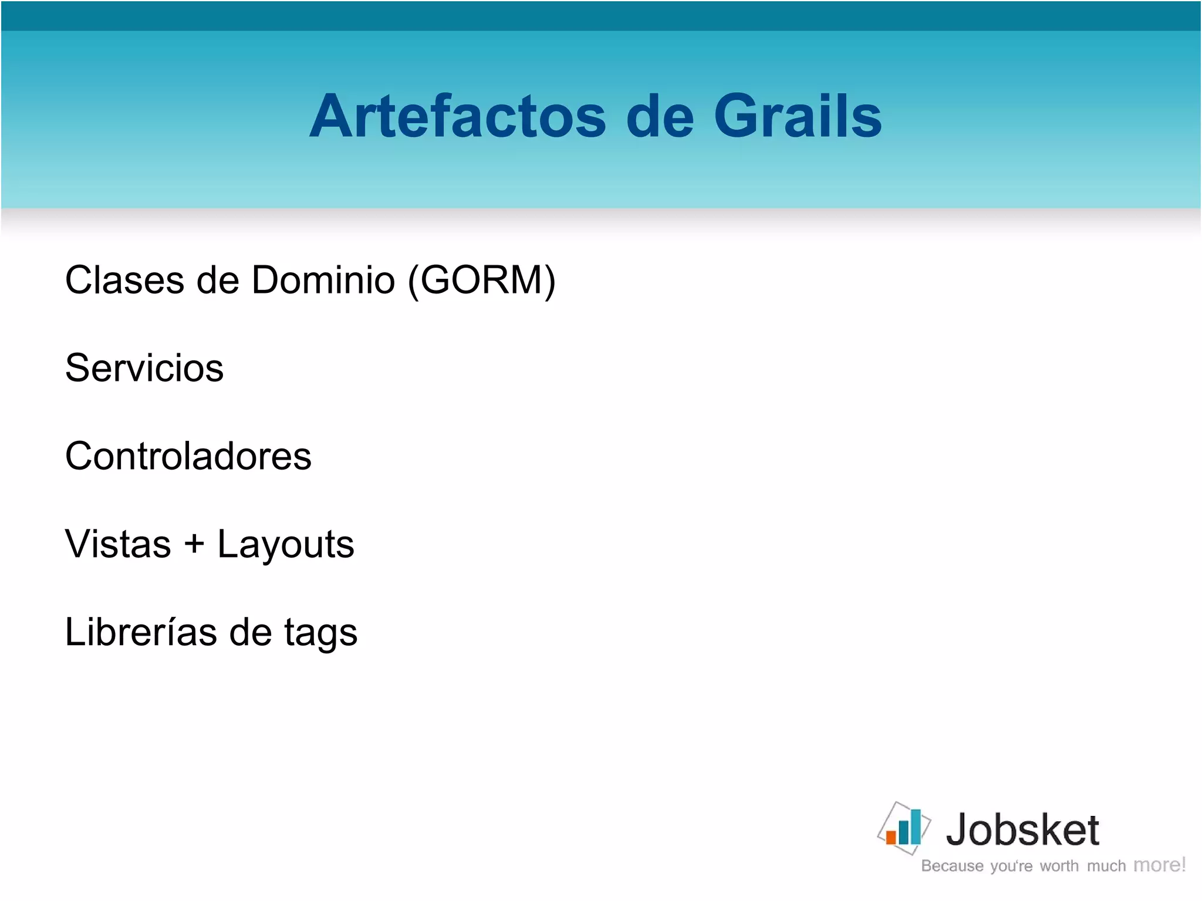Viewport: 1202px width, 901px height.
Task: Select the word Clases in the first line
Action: click(124, 280)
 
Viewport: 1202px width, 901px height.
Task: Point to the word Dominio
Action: click(323, 280)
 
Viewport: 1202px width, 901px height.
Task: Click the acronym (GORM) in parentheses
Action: click(481, 280)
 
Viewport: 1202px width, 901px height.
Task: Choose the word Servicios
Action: click(144, 368)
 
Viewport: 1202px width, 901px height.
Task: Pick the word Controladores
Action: click(188, 456)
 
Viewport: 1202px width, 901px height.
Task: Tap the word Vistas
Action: click(118, 544)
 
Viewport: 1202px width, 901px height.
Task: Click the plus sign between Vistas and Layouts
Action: click(194, 544)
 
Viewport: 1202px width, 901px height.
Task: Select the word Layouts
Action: click(286, 545)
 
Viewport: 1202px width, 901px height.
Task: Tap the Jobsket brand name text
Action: click(1022, 830)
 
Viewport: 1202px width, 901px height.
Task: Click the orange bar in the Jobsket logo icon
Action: click(891, 836)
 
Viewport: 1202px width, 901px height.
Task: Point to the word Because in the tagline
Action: click(952, 866)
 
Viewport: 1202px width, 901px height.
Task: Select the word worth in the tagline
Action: click(1059, 866)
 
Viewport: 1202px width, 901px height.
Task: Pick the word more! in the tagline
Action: click(1159, 865)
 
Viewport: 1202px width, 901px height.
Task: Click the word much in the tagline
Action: click(1106, 866)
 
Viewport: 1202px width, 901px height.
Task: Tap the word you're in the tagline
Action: click(1011, 866)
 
